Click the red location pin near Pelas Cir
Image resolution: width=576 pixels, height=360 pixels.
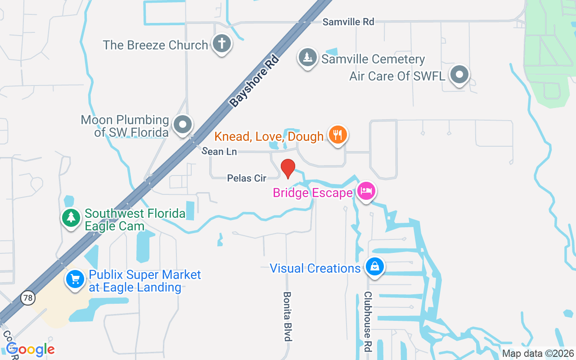pos(288,168)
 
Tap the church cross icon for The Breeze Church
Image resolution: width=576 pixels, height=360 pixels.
pos(221,44)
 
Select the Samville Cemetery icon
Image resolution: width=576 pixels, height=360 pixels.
pos(308,58)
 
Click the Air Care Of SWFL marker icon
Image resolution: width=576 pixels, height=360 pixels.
pos(459,74)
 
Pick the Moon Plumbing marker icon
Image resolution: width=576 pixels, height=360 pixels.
pos(183,124)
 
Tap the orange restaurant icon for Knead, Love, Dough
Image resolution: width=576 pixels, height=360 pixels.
pos(337,134)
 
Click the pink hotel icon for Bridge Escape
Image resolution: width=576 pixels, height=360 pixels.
pos(366,191)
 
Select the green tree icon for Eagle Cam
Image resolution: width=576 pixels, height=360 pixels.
pos(71,218)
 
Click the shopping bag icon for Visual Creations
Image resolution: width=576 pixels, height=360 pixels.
pos(374,266)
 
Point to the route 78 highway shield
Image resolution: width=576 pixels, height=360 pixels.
pos(28,297)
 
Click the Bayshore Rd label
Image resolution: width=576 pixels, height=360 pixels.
pos(254,81)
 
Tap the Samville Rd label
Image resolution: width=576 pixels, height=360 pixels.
pos(348,22)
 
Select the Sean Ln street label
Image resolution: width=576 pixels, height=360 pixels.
pos(219,152)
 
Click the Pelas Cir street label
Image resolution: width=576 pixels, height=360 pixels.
pos(247,178)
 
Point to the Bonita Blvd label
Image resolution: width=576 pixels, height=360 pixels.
pos(287,316)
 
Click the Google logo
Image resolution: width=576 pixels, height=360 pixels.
pos(31,349)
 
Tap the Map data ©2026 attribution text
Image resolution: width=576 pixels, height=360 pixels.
pos(538,353)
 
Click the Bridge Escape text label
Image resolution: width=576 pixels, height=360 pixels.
pos(313,193)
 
